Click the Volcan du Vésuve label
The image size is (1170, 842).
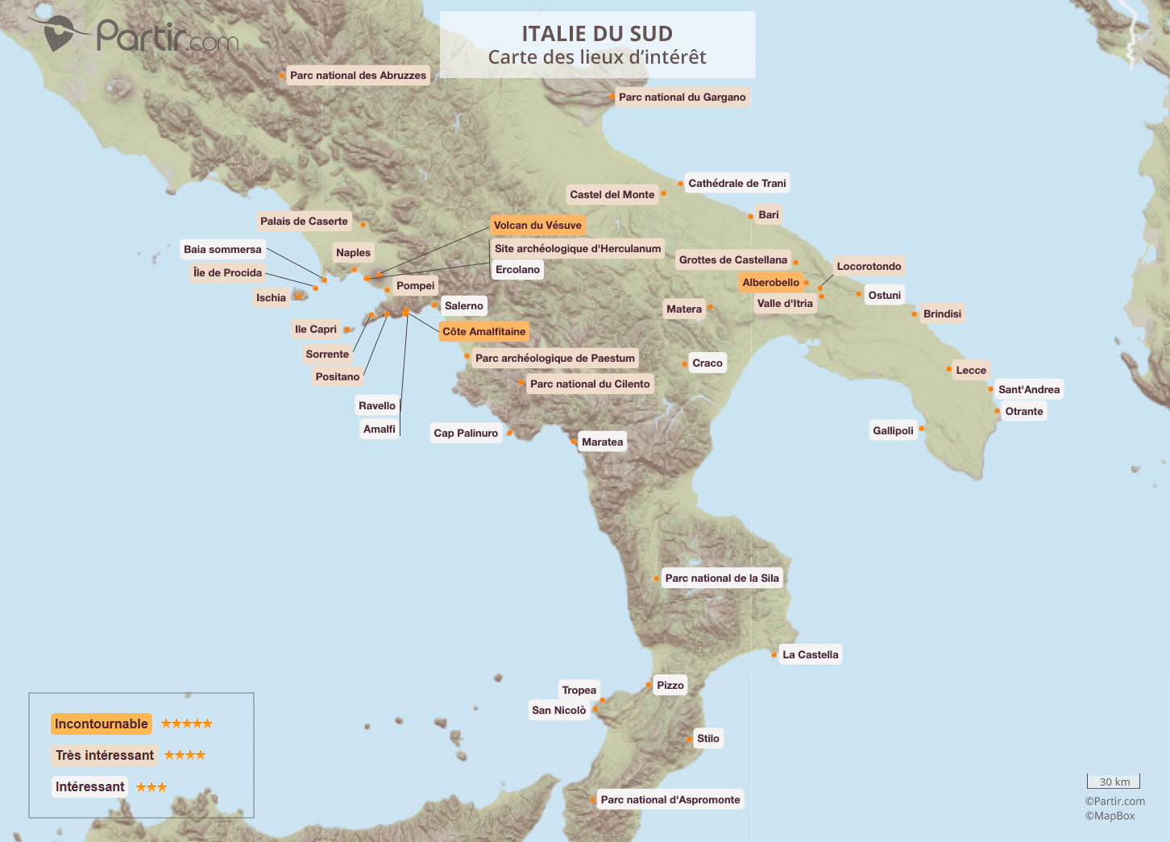pyautogui.click(x=537, y=226)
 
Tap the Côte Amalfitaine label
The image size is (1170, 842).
pyautogui.click(x=483, y=332)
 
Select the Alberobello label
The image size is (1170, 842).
pyautogui.click(x=770, y=283)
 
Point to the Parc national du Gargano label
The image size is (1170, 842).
pyautogui.click(x=682, y=97)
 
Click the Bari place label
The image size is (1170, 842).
pyautogui.click(x=768, y=215)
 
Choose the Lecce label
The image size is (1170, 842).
pyautogui.click(x=970, y=371)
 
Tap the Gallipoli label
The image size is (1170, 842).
pyautogui.click(x=893, y=431)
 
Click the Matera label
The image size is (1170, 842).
pyautogui.click(x=683, y=309)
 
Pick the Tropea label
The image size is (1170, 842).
pyautogui.click(x=579, y=691)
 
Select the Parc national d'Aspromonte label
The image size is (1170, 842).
pyautogui.click(x=670, y=800)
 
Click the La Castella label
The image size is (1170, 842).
pyautogui.click(x=810, y=655)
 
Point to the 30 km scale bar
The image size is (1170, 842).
pyautogui.click(x=1114, y=782)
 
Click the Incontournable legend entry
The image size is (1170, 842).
pyautogui.click(x=101, y=724)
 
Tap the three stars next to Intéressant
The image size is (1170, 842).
pyautogui.click(x=151, y=787)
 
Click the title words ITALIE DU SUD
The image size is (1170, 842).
pyautogui.click(x=597, y=34)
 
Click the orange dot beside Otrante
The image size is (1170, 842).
pyautogui.click(x=998, y=411)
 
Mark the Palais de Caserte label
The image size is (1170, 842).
pyautogui.click(x=304, y=222)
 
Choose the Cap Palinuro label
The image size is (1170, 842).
pyautogui.click(x=466, y=433)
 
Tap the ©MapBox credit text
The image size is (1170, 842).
pyautogui.click(x=1110, y=815)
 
